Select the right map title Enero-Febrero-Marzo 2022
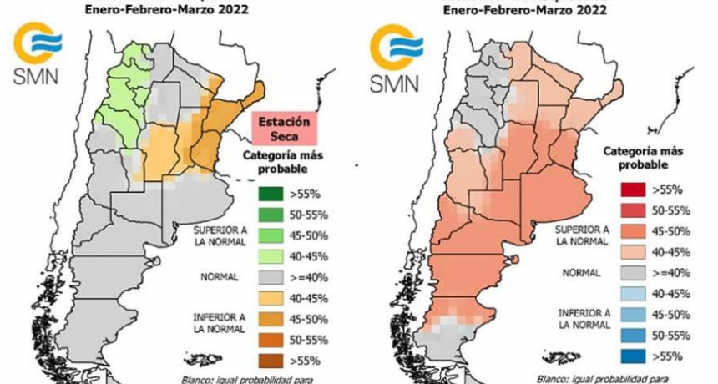point(526,11)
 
